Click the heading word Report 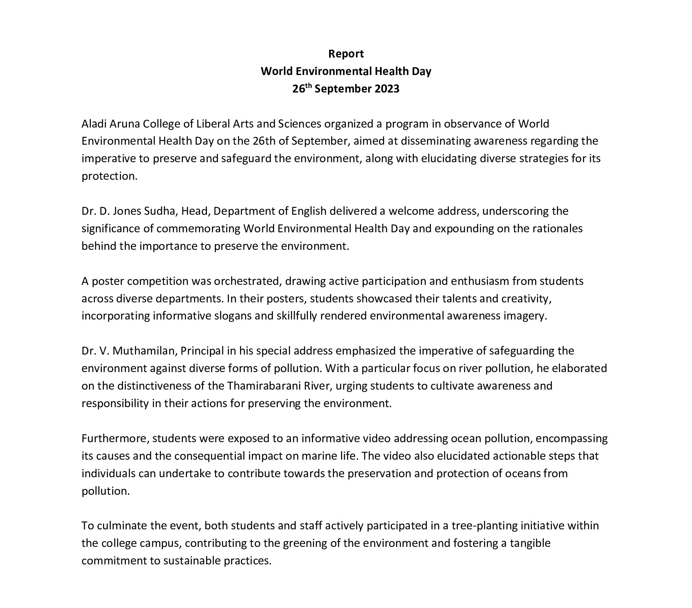click(x=346, y=54)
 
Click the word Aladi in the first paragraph click(x=93, y=123)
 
